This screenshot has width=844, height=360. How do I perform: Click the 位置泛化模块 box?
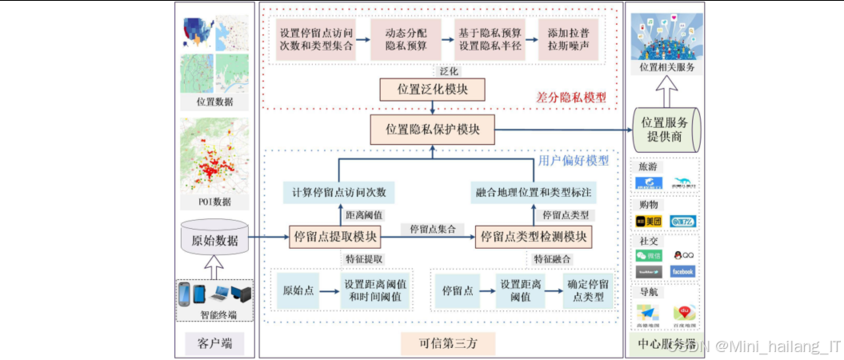point(434,89)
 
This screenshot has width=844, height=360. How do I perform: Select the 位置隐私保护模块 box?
point(433,128)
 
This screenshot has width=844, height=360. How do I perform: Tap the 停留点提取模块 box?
point(335,236)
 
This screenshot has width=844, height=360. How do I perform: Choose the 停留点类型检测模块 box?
point(534,236)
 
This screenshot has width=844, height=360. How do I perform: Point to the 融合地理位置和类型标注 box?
point(534,192)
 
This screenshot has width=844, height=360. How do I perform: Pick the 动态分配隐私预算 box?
point(403,39)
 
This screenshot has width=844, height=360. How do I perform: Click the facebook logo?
point(682,271)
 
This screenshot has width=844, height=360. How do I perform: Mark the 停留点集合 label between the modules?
point(433,229)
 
